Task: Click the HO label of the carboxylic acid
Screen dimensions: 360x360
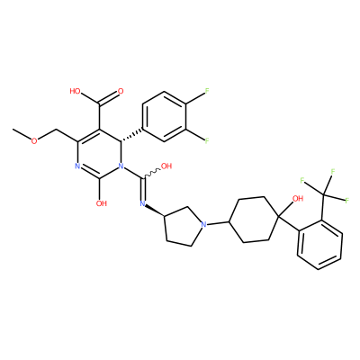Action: tap(75, 91)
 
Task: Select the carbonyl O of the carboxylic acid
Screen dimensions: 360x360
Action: tap(121, 91)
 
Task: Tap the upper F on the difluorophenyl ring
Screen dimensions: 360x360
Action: tap(207, 92)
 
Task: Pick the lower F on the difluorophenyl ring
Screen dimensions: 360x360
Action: tap(207, 140)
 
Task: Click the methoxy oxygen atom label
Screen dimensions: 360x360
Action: tap(35, 140)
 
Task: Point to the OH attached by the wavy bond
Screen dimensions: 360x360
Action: tap(166, 166)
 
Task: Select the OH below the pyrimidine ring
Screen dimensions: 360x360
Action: tap(102, 203)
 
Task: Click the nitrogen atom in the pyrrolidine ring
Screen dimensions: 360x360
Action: tap(204, 224)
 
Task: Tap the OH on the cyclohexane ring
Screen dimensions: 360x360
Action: tap(298, 199)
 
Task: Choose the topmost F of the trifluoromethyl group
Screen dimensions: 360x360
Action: tap(332, 172)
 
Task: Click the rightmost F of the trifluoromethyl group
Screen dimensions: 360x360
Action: tap(347, 201)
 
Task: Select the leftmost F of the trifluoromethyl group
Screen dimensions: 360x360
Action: tap(302, 181)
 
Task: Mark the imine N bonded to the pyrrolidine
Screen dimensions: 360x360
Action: tap(142, 204)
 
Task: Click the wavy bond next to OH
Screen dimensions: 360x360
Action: tap(153, 174)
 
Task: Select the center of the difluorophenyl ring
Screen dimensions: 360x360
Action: tap(164, 116)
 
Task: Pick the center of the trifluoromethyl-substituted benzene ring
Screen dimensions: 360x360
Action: tap(319, 245)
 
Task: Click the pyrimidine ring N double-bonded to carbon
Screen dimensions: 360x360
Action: tap(77, 166)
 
